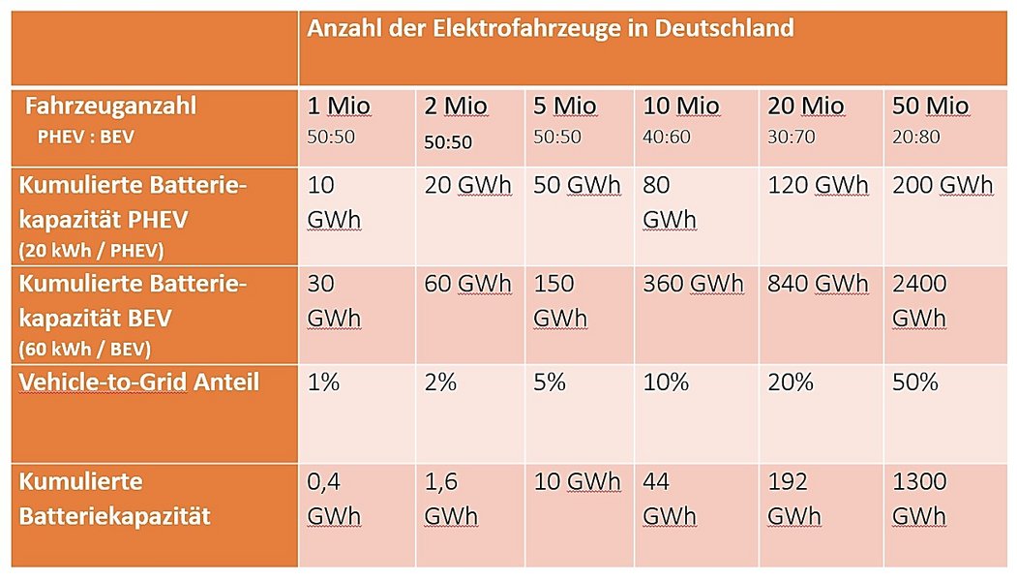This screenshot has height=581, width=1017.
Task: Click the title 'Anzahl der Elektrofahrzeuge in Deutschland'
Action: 550,28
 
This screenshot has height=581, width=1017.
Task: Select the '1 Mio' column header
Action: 339,106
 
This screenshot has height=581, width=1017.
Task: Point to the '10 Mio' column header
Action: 683,106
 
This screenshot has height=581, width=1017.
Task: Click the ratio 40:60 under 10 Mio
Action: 667,137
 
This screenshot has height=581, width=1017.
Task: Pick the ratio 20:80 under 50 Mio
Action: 915,137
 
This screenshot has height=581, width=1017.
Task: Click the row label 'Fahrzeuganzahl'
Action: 111,105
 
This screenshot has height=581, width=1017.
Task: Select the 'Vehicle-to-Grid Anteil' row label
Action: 139,382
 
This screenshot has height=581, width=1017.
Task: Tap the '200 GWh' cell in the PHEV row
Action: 942,185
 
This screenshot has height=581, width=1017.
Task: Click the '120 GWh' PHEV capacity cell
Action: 818,185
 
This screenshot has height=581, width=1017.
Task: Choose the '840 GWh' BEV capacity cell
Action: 818,284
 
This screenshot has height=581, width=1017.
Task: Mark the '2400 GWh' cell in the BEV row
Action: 919,300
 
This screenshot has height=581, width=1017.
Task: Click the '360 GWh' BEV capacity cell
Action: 693,284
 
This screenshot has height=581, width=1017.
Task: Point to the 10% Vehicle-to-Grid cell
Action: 666,382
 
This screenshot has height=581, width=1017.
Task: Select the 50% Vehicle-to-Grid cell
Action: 915,382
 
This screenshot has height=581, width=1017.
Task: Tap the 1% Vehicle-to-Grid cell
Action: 323,382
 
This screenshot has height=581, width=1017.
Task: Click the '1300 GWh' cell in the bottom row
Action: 919,498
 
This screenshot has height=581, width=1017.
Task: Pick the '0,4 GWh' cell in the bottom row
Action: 334,498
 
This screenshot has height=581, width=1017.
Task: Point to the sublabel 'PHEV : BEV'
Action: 85,138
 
